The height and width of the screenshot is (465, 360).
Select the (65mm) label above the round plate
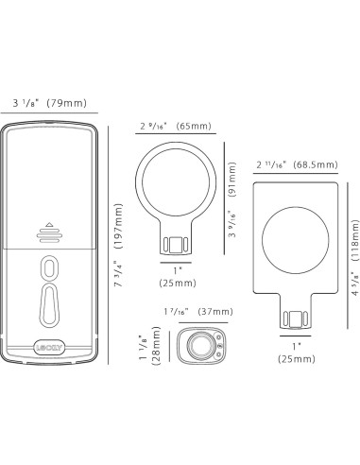coord(195,125)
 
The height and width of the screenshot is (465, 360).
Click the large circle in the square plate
coord(296,237)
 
